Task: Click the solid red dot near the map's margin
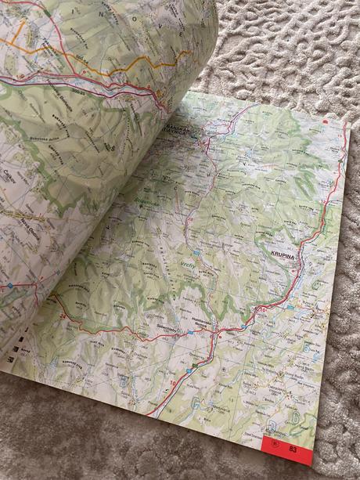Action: (x=323, y=122)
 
